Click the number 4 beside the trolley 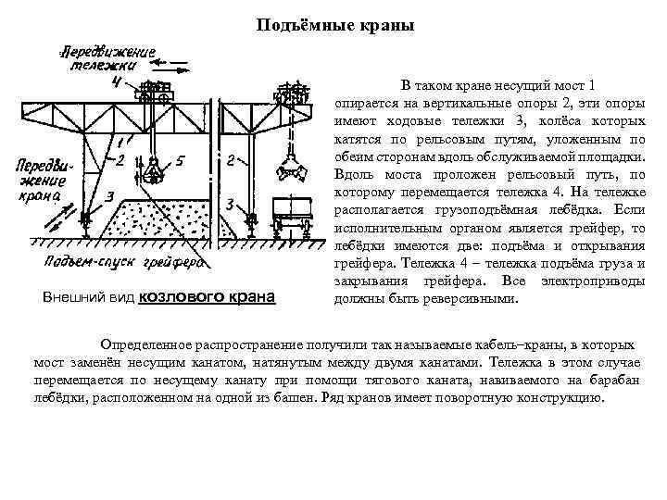[x=115, y=81]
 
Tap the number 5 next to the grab [x=180, y=161]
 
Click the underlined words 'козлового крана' [x=207, y=297]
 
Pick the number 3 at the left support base [x=109, y=196]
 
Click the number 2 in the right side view [x=230, y=160]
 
